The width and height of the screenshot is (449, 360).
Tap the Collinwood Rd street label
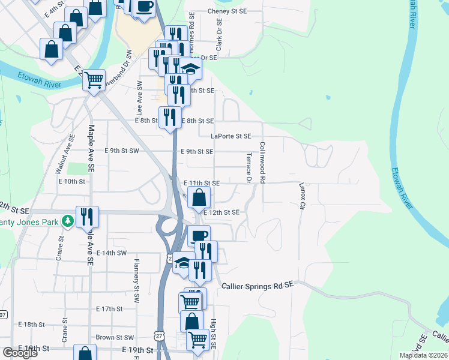click(262, 162)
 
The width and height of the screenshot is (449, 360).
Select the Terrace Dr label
click(249, 167)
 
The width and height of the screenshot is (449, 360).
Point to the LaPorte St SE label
click(231, 136)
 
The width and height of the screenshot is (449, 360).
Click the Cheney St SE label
click(227, 11)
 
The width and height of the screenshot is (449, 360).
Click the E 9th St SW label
click(122, 151)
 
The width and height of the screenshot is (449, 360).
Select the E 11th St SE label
click(202, 183)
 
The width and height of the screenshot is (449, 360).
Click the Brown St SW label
click(115, 338)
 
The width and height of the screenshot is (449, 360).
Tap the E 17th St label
click(109, 308)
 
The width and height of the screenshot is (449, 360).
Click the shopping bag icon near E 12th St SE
click(199, 197)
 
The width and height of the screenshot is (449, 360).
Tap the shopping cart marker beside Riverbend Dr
click(94, 79)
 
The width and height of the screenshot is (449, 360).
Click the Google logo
click(20, 353)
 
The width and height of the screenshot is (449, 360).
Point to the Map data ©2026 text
click(423, 355)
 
